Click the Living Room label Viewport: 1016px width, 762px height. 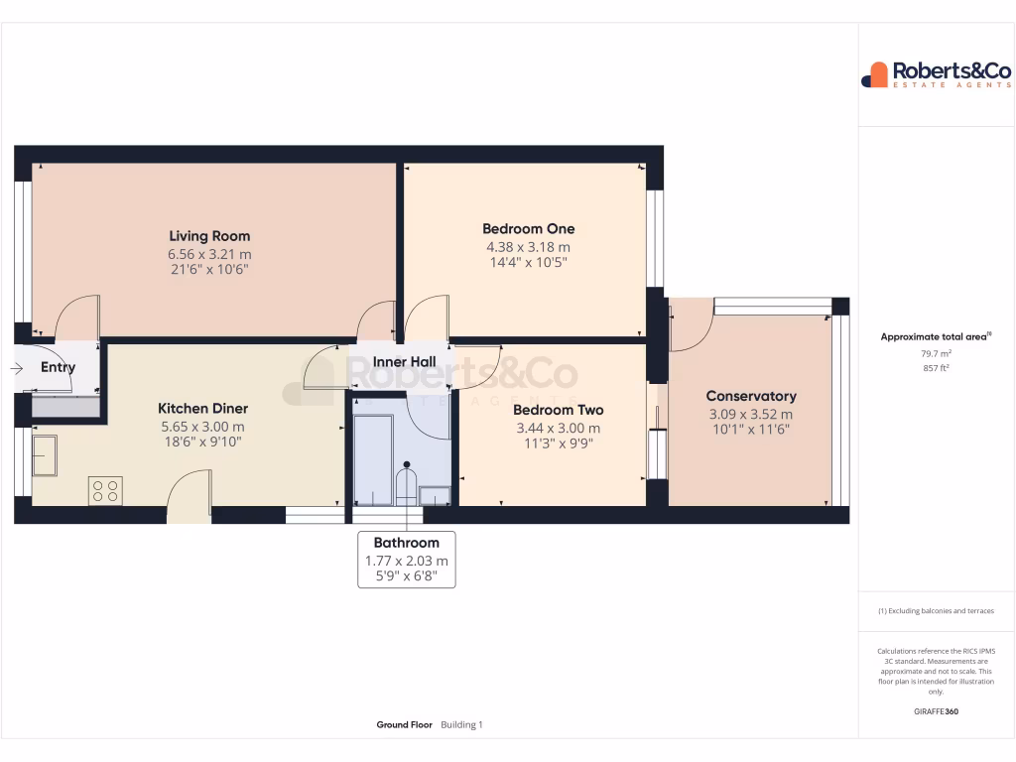click(209, 236)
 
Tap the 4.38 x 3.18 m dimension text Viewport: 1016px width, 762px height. click(528, 247)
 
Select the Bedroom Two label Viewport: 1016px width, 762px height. click(558, 410)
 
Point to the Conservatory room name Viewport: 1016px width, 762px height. click(751, 396)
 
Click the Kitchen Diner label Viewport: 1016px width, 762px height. click(203, 409)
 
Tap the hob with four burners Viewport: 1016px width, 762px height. click(105, 490)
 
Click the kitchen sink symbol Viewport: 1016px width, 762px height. click(44, 455)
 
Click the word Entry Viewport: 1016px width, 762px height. click(58, 367)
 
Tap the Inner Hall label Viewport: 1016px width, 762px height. click(404, 362)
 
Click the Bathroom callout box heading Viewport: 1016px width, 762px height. click(406, 543)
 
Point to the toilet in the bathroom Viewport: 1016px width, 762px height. click(407, 483)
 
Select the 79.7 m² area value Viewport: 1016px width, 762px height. click(936, 353)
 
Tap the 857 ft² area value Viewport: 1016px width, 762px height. click(936, 368)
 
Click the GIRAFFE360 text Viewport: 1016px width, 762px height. click(936, 711)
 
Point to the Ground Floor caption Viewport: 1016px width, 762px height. click(404, 725)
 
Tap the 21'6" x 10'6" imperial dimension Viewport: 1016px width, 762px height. click(209, 269)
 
